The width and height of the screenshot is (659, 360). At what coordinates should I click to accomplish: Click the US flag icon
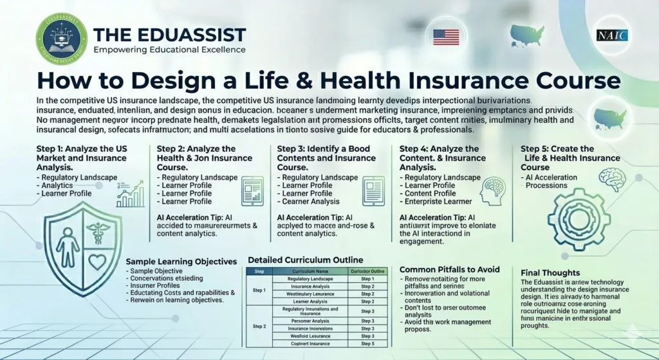tap(445, 37)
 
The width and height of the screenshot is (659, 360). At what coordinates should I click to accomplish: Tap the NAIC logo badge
tap(612, 35)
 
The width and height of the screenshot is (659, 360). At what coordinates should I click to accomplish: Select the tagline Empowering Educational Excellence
tap(169, 50)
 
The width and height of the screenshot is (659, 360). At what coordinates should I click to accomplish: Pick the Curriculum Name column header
tap(310, 271)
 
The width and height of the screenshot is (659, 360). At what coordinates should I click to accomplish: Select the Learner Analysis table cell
tap(310, 301)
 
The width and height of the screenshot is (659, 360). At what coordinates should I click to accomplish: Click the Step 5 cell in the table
tap(367, 343)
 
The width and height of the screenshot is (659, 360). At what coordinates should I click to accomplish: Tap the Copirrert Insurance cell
tap(310, 343)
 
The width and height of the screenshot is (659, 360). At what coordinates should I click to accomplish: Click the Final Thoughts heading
tap(552, 272)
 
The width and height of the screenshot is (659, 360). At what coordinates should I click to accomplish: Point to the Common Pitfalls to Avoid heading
tap(449, 269)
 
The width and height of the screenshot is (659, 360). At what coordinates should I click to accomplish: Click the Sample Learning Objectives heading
tap(181, 261)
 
